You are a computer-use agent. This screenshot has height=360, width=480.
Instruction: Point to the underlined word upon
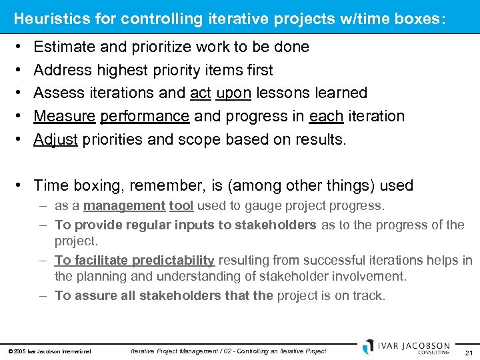click(233, 93)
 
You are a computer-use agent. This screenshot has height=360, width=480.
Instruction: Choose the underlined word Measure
click(64, 116)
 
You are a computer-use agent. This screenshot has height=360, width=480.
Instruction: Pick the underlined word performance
click(145, 116)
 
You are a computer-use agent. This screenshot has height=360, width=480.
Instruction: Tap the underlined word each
click(326, 116)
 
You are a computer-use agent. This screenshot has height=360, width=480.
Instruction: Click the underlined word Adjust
click(55, 139)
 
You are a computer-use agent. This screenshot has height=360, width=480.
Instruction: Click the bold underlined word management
click(124, 206)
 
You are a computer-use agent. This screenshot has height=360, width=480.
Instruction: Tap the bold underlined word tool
click(181, 206)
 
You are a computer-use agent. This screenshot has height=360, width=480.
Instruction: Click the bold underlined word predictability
click(173, 260)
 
